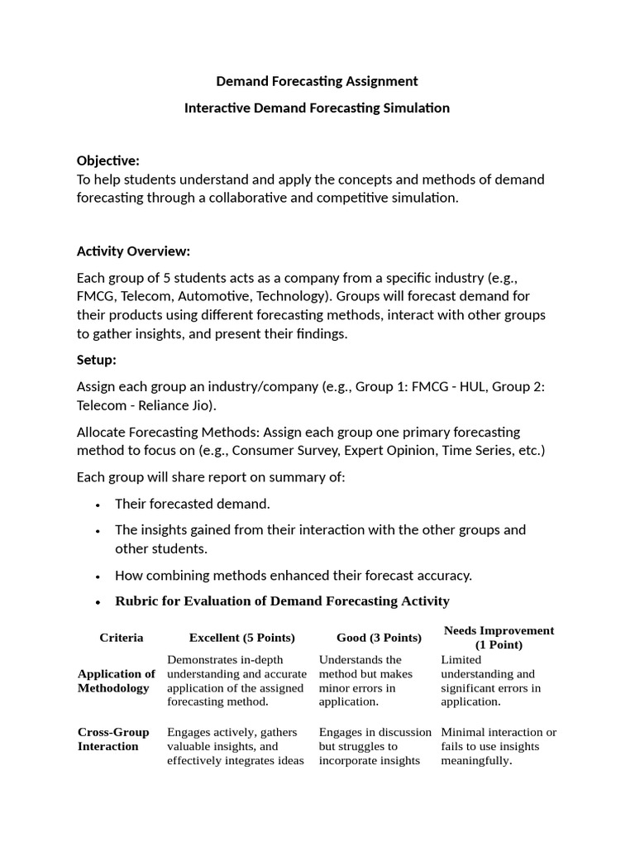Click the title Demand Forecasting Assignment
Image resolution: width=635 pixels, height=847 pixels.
pos(317,81)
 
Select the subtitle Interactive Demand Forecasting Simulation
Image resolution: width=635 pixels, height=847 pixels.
pos(317,108)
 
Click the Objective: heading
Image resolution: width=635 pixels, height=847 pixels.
pos(108,160)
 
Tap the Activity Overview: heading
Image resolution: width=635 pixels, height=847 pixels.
pos(133,251)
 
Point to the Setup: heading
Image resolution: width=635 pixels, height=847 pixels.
pos(97,361)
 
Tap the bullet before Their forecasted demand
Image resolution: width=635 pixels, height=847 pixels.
pos(98,504)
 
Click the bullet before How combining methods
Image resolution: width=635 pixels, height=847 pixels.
pos(98,576)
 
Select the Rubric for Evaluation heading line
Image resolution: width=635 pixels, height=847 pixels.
pos(282,601)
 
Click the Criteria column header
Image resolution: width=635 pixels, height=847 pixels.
pos(122,638)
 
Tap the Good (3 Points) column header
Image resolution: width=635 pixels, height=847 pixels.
pos(379,638)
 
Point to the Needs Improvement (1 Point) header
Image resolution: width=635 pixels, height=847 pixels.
pos(499,638)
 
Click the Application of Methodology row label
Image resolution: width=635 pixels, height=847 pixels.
pos(116,681)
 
